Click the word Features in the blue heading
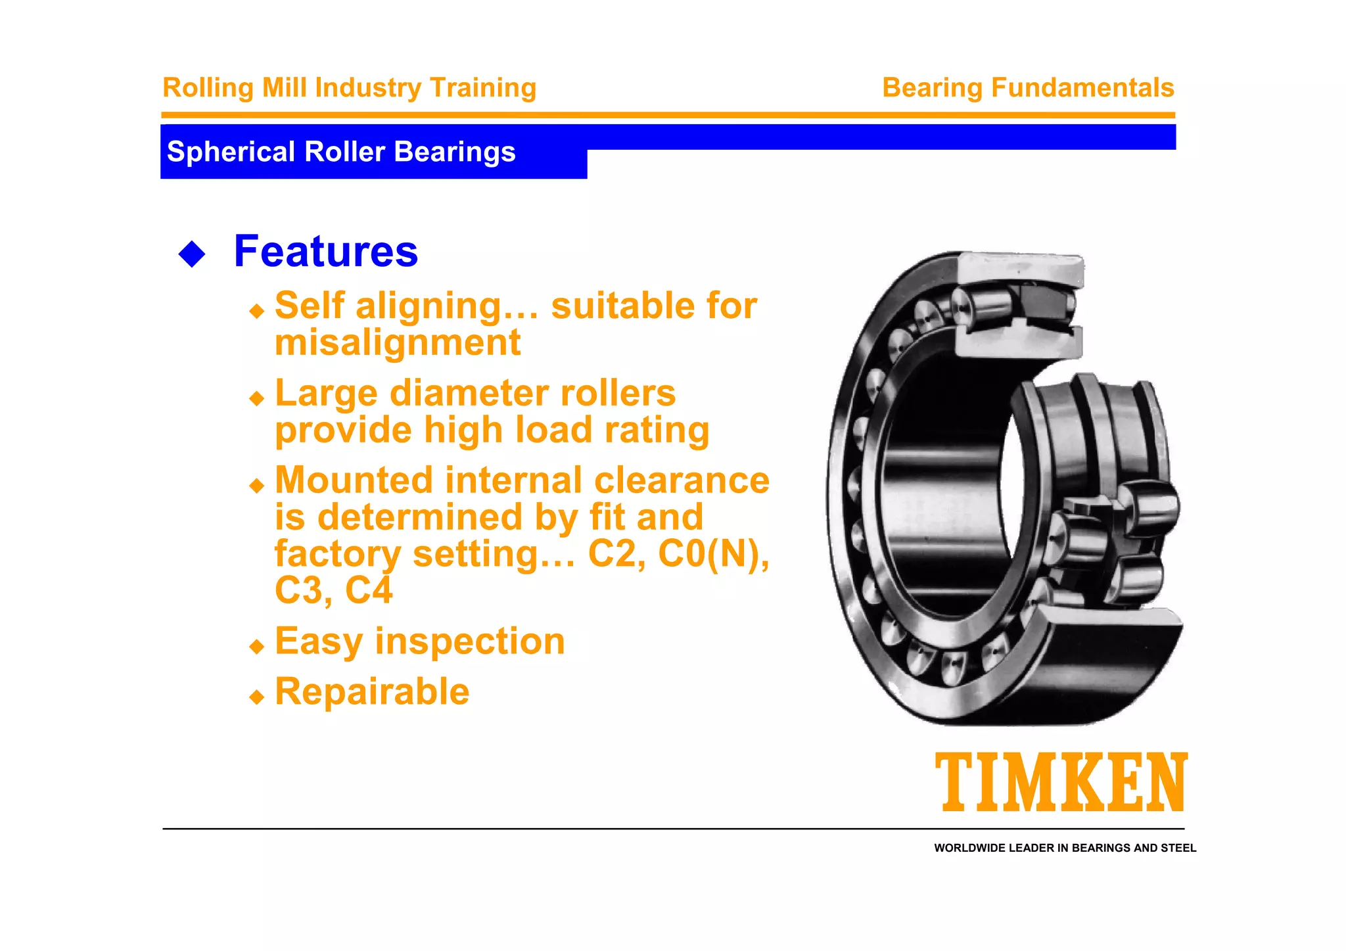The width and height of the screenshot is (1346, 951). click(325, 251)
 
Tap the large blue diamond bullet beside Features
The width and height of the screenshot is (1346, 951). click(192, 254)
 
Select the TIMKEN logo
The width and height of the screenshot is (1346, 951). click(1061, 782)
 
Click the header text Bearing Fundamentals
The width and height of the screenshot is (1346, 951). click(1027, 87)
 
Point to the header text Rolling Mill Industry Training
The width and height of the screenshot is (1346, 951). click(349, 87)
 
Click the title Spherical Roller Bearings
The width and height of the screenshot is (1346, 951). click(341, 152)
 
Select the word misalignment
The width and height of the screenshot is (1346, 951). click(398, 342)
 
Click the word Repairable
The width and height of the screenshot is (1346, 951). click(372, 691)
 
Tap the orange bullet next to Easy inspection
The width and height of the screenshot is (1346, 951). click(257, 647)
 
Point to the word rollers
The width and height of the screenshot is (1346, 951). click(614, 393)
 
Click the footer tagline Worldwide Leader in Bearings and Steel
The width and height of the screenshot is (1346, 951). click(1065, 848)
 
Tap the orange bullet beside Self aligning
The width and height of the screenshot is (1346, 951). click(257, 311)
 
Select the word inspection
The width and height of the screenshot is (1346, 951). click(469, 641)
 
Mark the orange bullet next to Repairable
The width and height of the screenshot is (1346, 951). click(257, 697)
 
